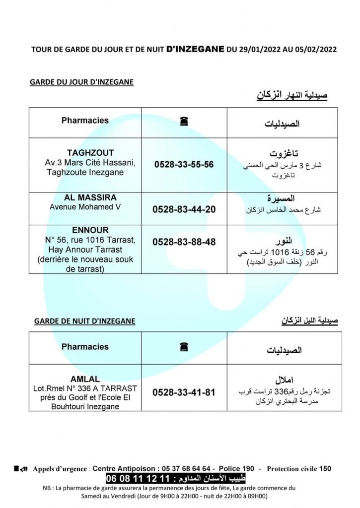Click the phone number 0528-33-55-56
184,164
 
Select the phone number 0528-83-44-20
184,209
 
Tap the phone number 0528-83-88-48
184,242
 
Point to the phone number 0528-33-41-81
184,392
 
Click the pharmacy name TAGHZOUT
90,153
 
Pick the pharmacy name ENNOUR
90,230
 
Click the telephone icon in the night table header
184,347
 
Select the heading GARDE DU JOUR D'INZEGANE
82,82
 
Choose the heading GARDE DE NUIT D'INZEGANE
84,321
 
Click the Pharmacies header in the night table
85,347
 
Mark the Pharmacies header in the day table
85,121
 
